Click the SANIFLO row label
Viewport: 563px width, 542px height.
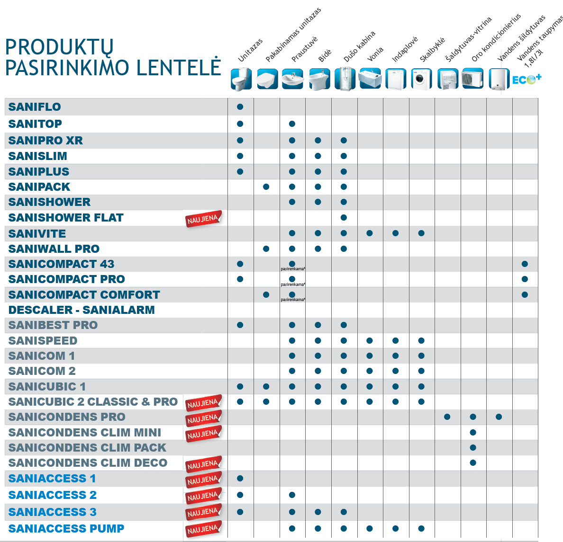35,107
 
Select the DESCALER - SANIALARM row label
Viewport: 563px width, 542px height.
82,310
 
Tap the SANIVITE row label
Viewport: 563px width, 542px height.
37,234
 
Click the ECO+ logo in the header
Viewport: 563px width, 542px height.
527,79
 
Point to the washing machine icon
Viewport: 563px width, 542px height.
421,79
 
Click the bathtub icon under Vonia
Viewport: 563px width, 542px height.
370,79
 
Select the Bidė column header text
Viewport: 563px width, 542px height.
325,56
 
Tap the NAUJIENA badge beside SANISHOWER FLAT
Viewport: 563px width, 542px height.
203,219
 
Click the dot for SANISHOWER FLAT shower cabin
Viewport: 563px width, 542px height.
344,218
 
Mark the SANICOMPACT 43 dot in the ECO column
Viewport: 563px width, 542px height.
525,264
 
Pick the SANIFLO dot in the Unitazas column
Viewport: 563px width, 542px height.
240,107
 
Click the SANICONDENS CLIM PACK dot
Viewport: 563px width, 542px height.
472,447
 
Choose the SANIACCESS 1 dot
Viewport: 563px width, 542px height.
240,479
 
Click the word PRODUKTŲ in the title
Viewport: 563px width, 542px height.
59,47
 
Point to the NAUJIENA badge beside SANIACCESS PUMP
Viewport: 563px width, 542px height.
203,530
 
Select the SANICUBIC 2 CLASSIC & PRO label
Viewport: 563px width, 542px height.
93,402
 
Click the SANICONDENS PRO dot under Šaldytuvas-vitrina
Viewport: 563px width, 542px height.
447,417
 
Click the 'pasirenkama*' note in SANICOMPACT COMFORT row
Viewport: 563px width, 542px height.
293,300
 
